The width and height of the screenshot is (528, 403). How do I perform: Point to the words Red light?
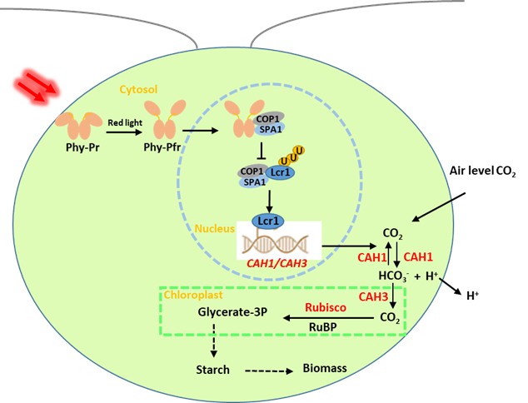125,123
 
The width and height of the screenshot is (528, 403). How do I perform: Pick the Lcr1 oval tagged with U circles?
279,172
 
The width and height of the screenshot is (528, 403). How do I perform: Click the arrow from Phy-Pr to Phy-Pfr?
124,132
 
